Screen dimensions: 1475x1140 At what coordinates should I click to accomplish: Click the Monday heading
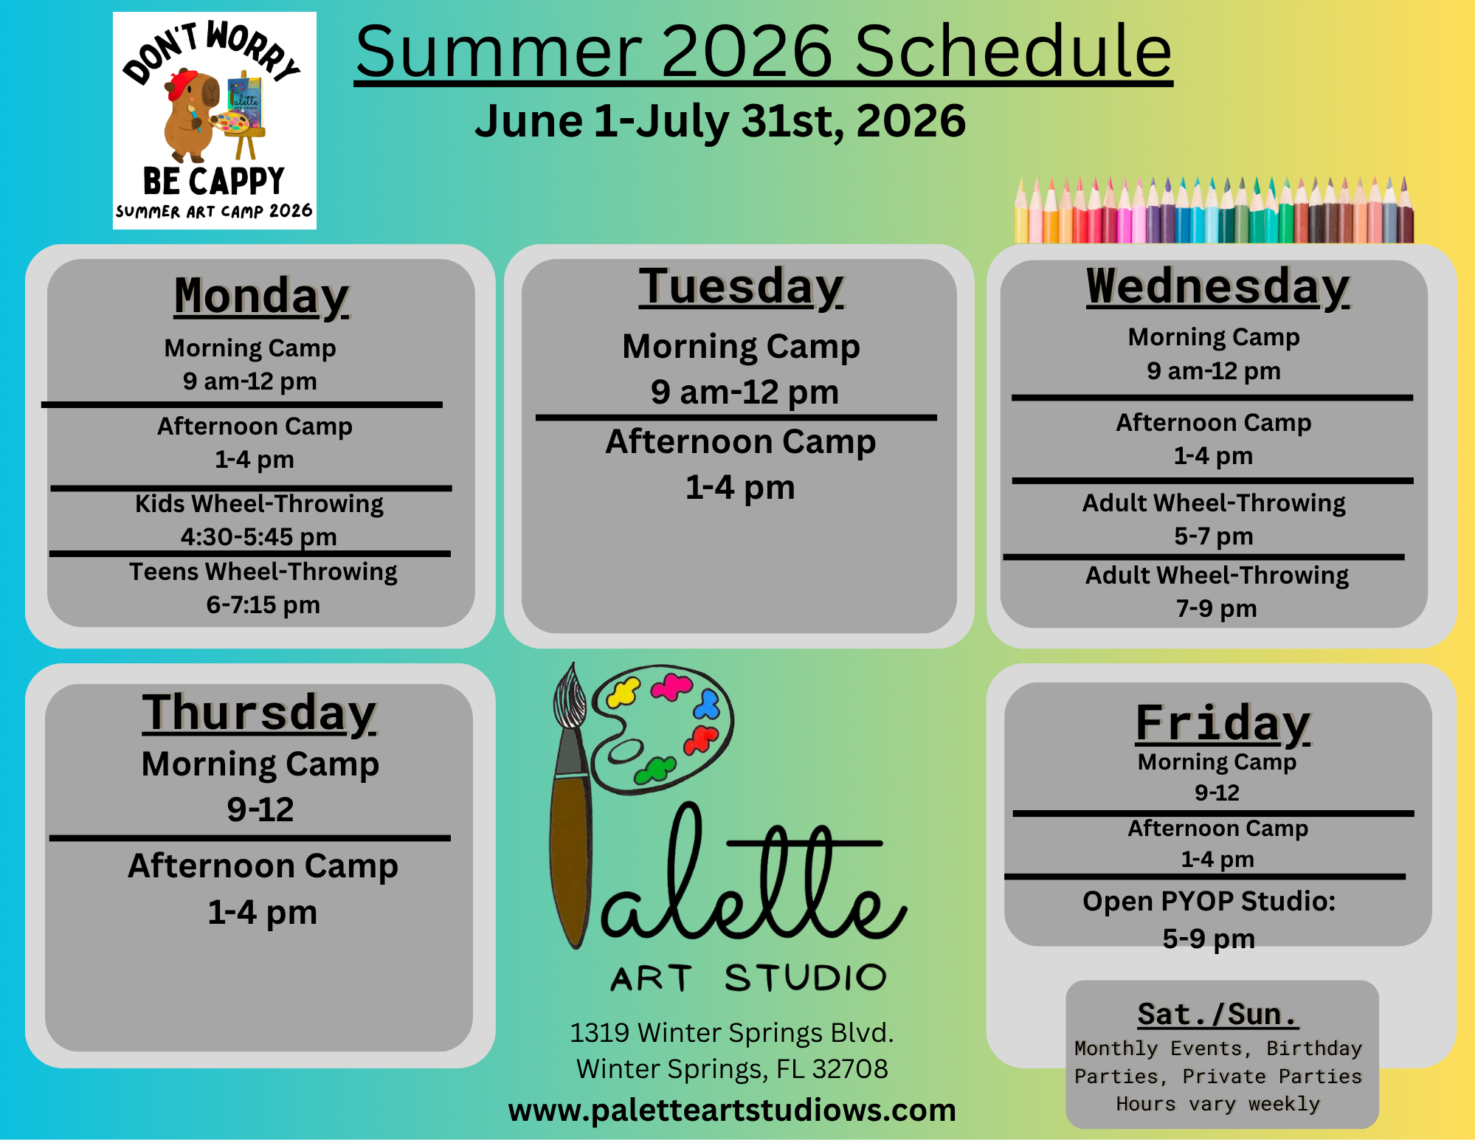(262, 297)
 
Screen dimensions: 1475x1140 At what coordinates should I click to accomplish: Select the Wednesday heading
(1217, 286)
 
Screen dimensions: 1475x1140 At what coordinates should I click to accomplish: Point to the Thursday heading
(259, 713)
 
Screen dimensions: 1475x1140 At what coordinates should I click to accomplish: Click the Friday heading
(1223, 723)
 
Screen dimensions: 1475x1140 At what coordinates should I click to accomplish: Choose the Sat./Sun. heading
(1217, 1015)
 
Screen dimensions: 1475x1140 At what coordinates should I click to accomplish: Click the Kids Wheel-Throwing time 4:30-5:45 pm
(259, 536)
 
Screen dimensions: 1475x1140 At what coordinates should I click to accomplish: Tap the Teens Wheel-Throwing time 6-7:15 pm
(263, 605)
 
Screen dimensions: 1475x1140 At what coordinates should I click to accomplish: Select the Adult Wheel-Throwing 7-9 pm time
(1216, 609)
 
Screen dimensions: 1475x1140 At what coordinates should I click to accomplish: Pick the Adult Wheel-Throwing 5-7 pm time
(1214, 536)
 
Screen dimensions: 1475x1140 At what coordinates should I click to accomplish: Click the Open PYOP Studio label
(1209, 902)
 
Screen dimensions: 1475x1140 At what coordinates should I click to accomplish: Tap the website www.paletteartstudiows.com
(732, 1110)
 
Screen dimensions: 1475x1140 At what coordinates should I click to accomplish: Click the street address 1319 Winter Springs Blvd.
(731, 1033)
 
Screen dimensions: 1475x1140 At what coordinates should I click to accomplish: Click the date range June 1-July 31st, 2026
(720, 121)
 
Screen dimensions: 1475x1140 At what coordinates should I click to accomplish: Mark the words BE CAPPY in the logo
(214, 182)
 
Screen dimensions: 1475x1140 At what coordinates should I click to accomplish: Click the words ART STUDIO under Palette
(748, 978)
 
